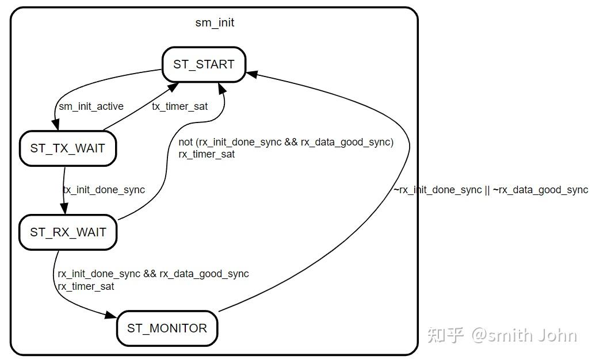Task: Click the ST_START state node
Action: (204, 64)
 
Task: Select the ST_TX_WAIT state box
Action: (67, 148)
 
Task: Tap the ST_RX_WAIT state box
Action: (67, 232)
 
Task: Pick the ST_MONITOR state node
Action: (167, 328)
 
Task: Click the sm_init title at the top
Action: (215, 23)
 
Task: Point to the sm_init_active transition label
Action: (91, 106)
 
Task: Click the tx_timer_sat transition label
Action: (179, 106)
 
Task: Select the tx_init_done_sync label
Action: (104, 190)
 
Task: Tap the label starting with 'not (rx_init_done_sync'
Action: (286, 143)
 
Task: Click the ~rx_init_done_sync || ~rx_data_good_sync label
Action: (491, 190)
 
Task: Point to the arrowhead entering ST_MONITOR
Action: (112, 315)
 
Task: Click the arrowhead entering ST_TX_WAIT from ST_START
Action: (56, 126)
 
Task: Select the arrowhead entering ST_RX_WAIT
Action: (64, 209)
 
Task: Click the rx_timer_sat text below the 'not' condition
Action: (207, 154)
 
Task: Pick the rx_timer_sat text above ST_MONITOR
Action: (86, 286)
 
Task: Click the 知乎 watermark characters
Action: (445, 335)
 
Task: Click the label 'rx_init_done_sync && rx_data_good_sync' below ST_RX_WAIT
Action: (153, 274)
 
